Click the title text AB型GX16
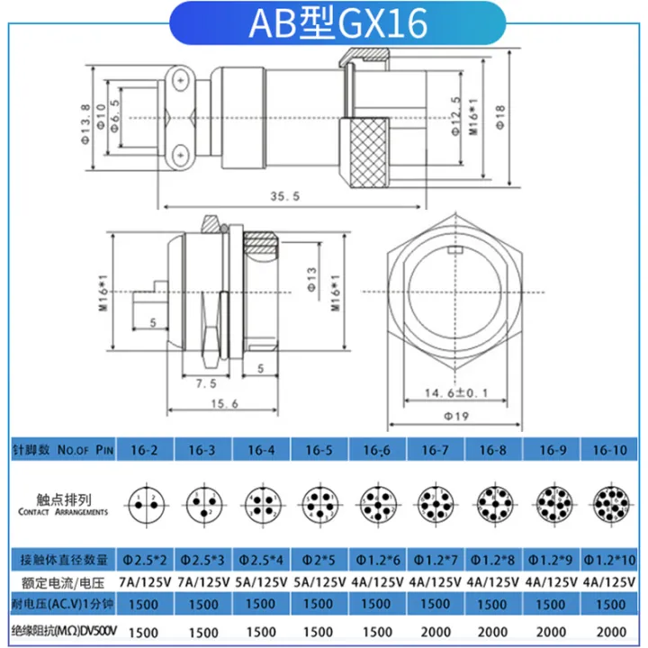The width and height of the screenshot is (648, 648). [x=324, y=24]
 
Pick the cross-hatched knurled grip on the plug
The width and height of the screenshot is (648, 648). [x=364, y=152]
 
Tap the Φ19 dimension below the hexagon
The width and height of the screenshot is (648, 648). [x=461, y=416]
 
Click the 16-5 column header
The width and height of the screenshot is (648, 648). [x=320, y=449]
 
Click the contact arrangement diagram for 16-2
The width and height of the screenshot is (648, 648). [x=145, y=501]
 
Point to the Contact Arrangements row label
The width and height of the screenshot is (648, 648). [x=61, y=504]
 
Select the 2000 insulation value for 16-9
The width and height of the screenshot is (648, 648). [x=552, y=633]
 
